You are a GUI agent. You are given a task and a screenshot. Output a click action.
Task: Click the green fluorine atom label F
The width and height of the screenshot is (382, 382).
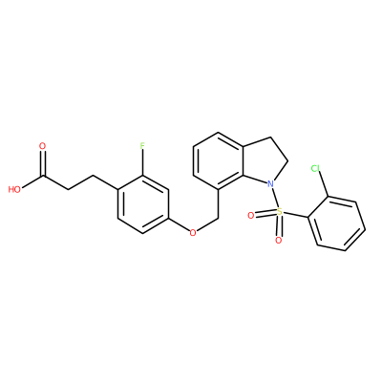pos(142,146)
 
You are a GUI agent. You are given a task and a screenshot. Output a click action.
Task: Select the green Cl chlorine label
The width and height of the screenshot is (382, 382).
pos(315,168)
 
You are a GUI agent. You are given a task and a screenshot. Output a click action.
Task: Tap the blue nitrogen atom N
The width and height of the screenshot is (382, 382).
pos(270,183)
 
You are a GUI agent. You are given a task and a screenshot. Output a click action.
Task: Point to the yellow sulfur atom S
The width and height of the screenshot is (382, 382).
pos(279,211)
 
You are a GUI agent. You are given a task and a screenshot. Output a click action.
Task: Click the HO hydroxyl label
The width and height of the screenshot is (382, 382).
pos(14,190)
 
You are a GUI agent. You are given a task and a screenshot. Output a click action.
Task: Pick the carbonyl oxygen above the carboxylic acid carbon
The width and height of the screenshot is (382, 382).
pos(42,146)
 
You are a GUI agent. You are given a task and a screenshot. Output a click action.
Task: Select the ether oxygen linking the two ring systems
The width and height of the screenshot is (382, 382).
pos(193,233)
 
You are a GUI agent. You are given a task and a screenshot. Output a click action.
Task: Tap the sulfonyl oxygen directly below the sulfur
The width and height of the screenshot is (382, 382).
pos(279,240)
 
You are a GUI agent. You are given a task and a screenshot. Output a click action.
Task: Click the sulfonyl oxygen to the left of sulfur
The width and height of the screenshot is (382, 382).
pos(251,216)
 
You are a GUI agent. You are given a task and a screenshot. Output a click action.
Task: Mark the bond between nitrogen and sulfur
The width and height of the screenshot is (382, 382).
pos(275,198)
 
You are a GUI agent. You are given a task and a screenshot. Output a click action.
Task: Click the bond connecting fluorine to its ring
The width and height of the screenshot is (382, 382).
pos(142,162)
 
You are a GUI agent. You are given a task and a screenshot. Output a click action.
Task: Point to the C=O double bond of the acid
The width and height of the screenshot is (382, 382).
pos(43,163)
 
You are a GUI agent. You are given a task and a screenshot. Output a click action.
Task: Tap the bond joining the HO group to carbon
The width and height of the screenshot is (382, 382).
pos(32,181)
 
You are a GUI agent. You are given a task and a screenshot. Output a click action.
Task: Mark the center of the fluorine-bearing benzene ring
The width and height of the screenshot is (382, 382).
pos(142,204)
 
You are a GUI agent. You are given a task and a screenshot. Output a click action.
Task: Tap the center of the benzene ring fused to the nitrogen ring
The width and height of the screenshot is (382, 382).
pos(219,161)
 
